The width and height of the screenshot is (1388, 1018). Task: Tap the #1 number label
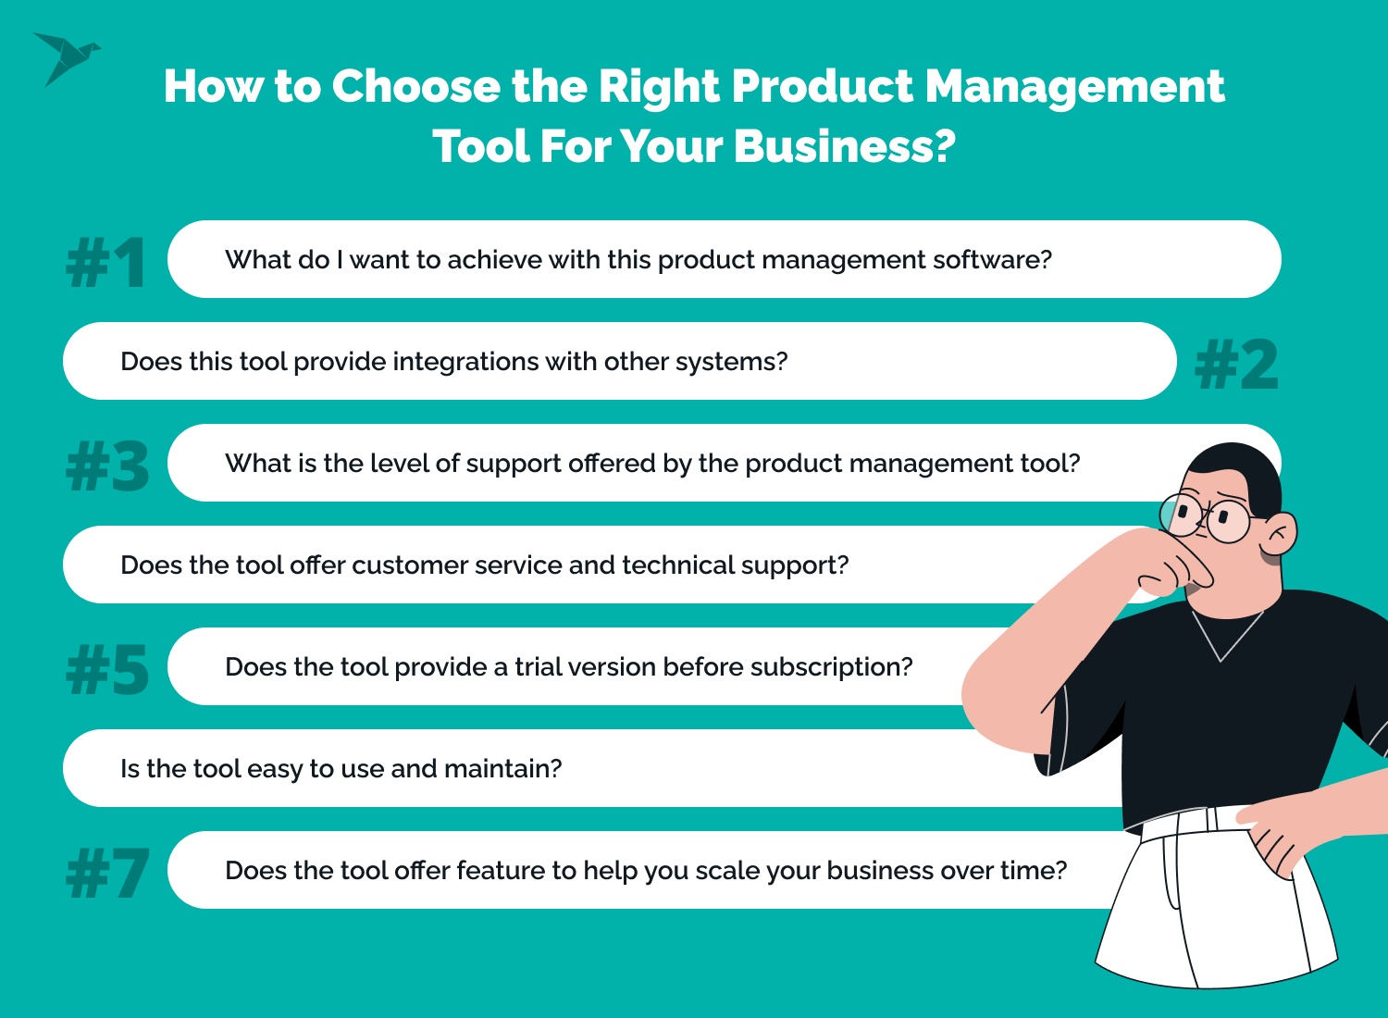(106, 263)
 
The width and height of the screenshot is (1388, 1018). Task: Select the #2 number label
(1236, 365)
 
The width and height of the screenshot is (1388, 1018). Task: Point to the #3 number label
(107, 466)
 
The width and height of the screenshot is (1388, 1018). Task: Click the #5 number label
(107, 668)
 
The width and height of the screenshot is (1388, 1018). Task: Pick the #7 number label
(107, 873)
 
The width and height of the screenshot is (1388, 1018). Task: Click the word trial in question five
(538, 666)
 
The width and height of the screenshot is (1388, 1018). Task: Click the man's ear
(1279, 533)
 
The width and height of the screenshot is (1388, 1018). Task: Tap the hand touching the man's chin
(1171, 562)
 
